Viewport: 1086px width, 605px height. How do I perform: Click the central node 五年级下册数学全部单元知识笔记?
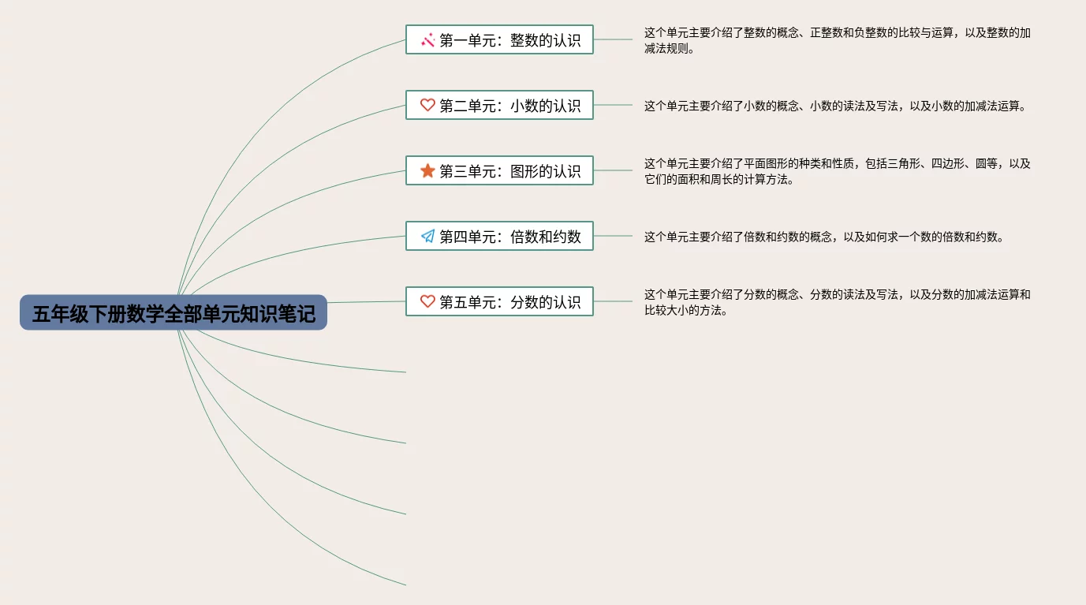pos(174,313)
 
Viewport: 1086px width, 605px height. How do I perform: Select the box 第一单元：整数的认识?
pos(499,39)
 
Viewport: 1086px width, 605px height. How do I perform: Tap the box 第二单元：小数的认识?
pos(499,105)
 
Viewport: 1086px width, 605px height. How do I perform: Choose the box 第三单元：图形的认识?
pos(499,170)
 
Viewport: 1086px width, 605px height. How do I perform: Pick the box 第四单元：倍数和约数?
pos(499,236)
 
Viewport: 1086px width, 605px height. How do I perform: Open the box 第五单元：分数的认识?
pos(499,301)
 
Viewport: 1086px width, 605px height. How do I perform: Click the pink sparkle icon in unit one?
pos(427,39)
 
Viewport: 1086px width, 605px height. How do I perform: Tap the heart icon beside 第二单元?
pos(427,105)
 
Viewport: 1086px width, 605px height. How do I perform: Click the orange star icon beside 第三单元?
pos(427,170)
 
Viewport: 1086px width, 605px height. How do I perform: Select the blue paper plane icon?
pos(427,236)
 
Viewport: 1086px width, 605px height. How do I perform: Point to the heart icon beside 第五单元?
pos(427,301)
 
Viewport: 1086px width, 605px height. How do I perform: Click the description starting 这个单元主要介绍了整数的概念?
pos(837,40)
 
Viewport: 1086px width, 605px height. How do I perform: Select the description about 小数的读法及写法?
pos(837,106)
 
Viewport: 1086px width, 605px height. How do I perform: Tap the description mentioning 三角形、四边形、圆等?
pos(837,171)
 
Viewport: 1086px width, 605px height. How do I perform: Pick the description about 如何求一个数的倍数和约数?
pos(824,237)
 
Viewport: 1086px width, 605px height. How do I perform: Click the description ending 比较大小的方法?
pos(837,302)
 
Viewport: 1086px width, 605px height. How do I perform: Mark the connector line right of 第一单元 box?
pos(613,39)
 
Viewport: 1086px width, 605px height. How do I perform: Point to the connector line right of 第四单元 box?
pos(613,236)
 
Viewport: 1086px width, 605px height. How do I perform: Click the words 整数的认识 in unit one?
pos(545,40)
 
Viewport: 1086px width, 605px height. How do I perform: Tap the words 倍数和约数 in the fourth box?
pos(545,237)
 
